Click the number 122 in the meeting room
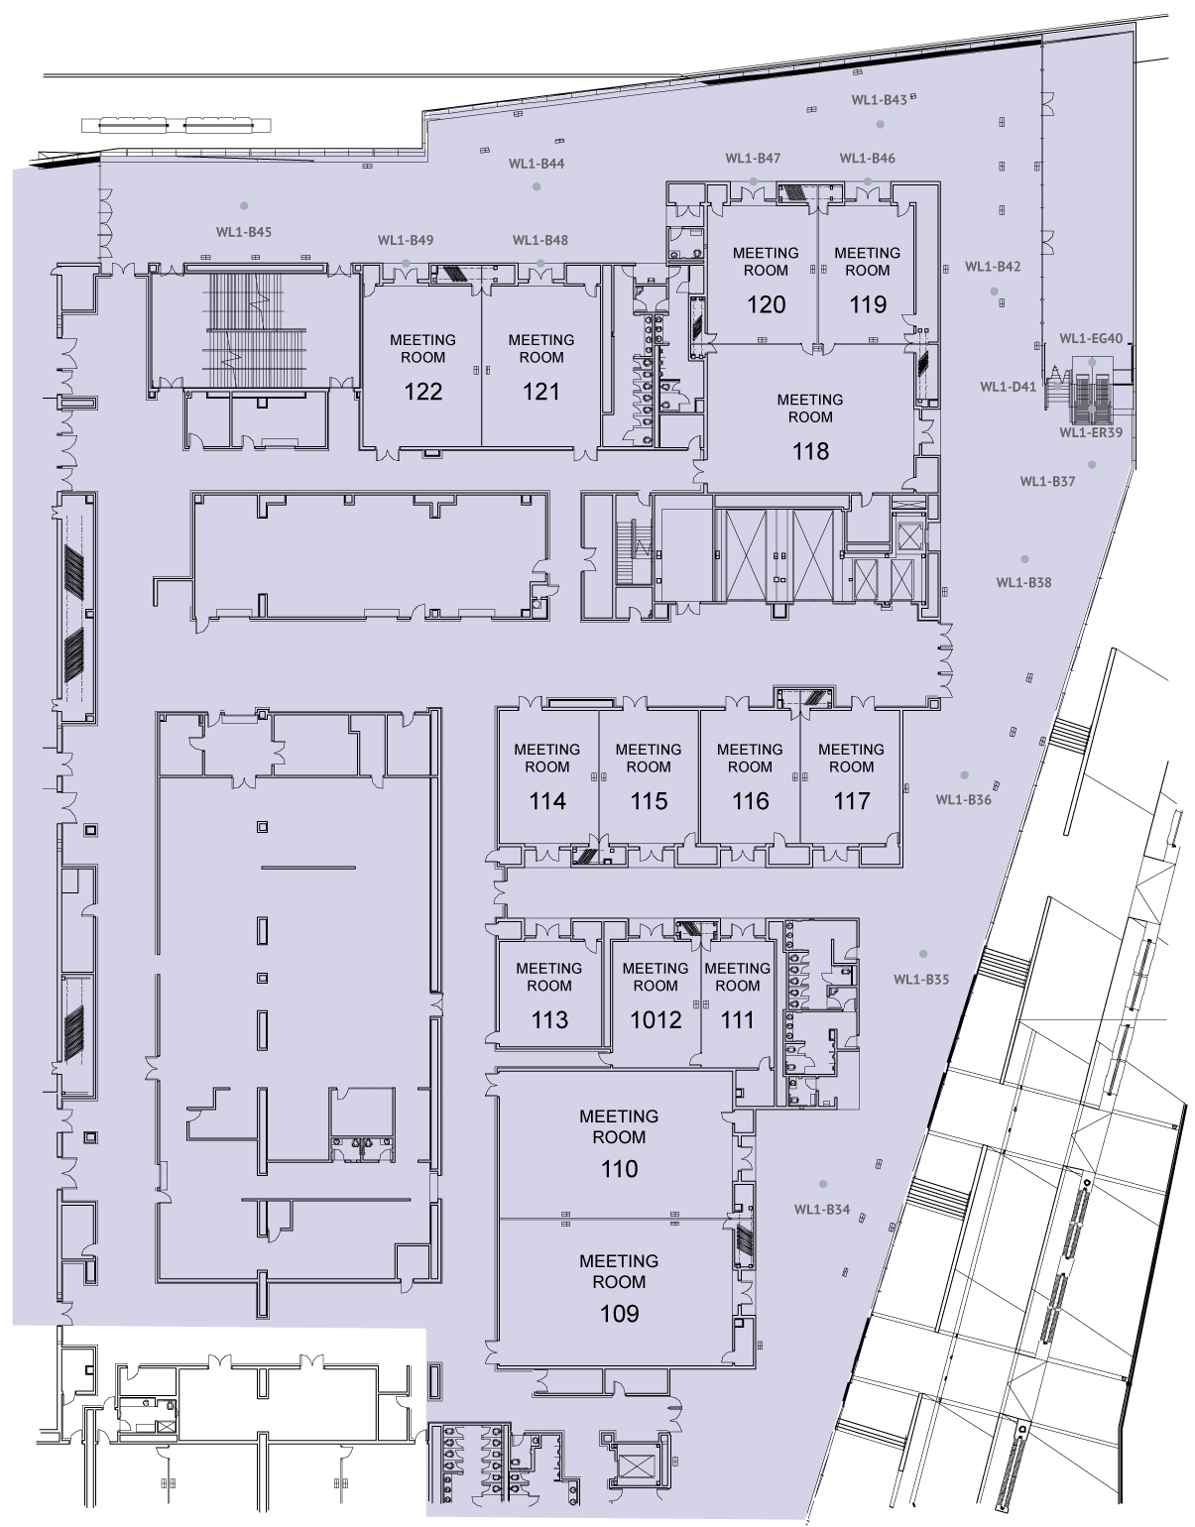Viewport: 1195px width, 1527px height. [x=422, y=392]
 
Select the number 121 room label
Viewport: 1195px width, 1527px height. [x=540, y=392]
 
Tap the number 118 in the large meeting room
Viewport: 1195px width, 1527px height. [x=811, y=451]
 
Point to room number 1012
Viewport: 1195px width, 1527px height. [x=656, y=1019]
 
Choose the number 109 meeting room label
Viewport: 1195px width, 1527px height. [x=619, y=1314]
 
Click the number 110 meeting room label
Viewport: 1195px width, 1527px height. [x=619, y=1169]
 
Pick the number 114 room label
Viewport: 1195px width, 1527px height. [x=547, y=801]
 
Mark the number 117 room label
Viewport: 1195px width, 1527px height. [x=852, y=801]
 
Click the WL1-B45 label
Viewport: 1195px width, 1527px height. [x=244, y=232]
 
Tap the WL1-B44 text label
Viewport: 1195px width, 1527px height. [x=537, y=164]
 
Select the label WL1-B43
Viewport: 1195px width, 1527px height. [x=879, y=100]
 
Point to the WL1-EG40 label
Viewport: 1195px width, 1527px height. [x=1091, y=339]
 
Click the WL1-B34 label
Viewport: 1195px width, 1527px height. [x=822, y=1210]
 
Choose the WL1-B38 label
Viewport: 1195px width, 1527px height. [x=1023, y=583]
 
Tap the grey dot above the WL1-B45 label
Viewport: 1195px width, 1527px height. [x=245, y=206]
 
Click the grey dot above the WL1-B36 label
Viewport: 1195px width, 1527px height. [x=965, y=775]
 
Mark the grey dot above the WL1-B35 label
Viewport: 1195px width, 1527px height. [x=923, y=954]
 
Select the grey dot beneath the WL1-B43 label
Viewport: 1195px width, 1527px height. [x=881, y=124]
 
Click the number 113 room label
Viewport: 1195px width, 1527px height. [x=549, y=1019]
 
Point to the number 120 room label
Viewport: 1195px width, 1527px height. [x=766, y=304]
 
